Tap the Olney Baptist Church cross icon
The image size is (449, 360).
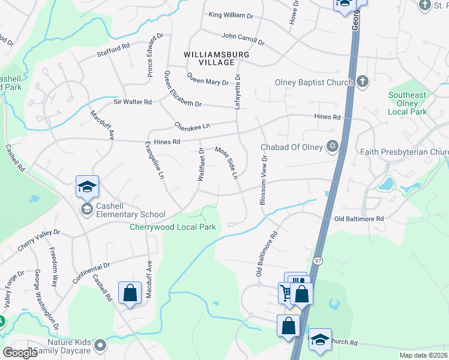tap(362, 82)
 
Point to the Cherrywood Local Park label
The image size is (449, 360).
tap(173, 227)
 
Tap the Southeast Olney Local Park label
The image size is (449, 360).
tap(407, 103)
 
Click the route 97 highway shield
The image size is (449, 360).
tap(317, 260)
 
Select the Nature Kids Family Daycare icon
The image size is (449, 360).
tap(100, 345)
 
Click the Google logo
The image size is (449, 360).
tap(20, 353)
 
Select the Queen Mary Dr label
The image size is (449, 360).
tap(207, 79)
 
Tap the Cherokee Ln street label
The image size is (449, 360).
tap(192, 126)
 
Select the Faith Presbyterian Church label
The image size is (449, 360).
tap(405, 152)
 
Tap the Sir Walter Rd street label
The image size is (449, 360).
tap(133, 102)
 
